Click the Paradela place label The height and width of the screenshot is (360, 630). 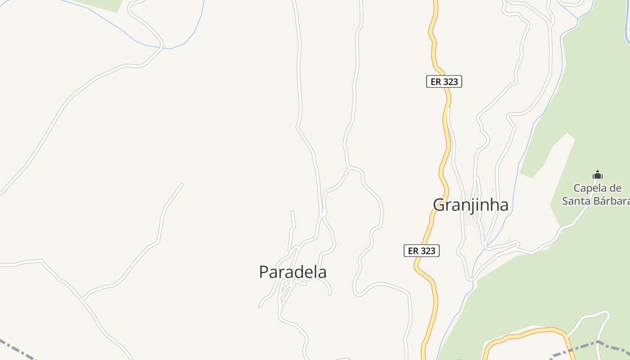coord(292,272)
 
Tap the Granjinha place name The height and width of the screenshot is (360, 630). coord(471,205)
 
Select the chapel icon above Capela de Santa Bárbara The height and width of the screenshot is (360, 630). coord(598,175)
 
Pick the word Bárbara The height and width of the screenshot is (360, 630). coord(611,201)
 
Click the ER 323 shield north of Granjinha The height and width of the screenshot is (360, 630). coord(444,81)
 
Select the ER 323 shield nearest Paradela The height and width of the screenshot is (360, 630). coord(422,251)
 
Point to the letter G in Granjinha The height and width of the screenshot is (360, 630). coord(440,205)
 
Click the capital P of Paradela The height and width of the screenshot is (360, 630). coord(264,272)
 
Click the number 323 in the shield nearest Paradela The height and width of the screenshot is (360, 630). coord(428,251)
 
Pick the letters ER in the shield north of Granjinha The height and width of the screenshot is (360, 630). coord(436,81)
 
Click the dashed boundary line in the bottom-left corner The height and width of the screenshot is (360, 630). coord(18,349)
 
